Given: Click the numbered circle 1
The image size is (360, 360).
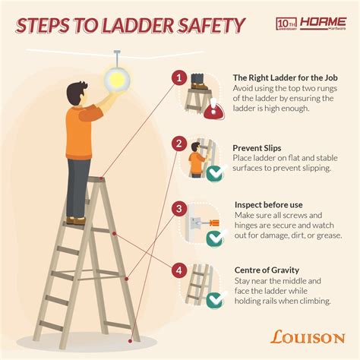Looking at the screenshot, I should (x=178, y=77).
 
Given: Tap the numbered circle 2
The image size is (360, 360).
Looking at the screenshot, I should (x=178, y=142).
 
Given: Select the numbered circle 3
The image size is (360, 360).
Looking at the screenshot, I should (x=178, y=208).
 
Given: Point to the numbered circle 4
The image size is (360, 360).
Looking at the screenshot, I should (x=178, y=269).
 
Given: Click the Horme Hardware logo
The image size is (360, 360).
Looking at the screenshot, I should (x=323, y=24).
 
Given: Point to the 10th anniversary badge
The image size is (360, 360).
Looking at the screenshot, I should (x=286, y=24).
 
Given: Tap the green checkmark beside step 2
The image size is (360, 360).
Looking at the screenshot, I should (x=215, y=174).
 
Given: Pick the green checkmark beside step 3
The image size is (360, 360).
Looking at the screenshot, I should (x=215, y=239).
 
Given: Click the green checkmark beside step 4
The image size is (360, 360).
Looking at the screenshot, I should (x=215, y=302).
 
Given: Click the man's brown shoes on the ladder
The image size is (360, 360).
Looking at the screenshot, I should (x=76, y=220).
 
